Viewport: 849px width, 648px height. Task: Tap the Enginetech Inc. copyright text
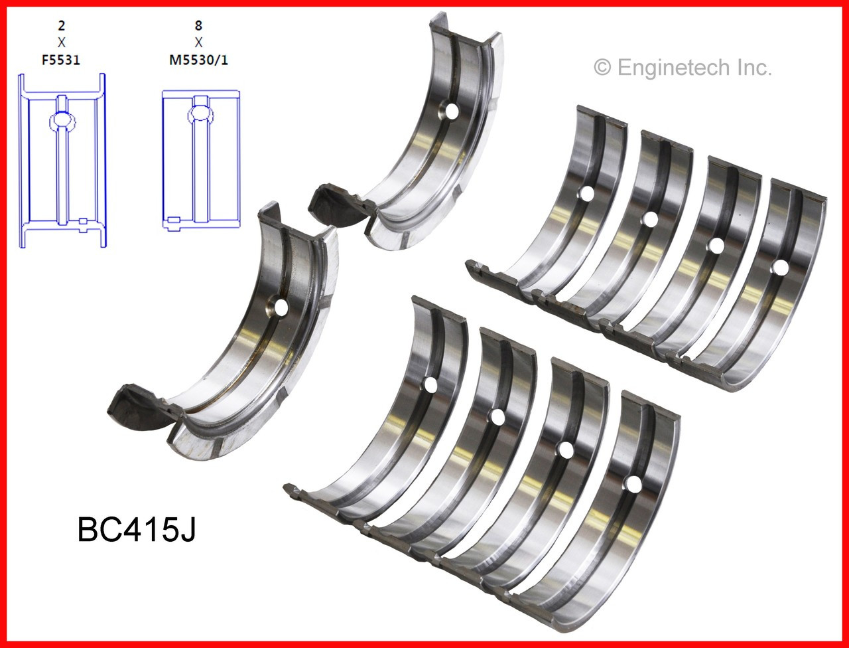point(683,67)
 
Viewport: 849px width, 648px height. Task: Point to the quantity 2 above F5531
point(62,27)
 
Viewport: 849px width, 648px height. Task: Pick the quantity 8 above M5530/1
point(198,27)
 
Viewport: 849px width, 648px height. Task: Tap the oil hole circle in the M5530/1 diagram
point(200,114)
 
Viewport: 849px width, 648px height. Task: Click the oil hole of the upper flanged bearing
point(452,112)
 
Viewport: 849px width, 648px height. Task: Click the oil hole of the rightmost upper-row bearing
point(781,268)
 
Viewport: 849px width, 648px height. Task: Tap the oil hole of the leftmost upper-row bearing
point(586,194)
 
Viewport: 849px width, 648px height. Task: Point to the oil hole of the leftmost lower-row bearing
point(430,384)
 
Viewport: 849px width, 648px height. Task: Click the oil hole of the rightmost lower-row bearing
point(633,484)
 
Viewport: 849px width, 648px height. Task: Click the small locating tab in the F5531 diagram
point(83,220)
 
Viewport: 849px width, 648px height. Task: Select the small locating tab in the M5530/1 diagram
point(174,219)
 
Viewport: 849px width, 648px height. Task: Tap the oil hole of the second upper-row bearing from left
point(650,219)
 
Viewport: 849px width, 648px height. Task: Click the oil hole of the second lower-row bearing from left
point(497,417)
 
